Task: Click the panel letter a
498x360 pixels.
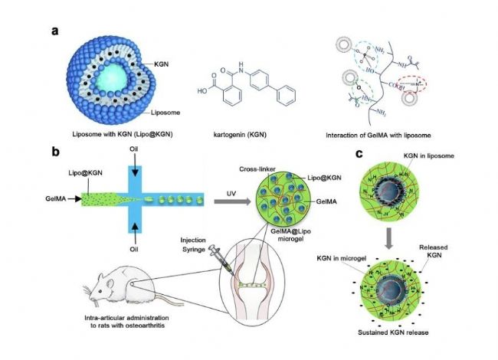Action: click(54, 31)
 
